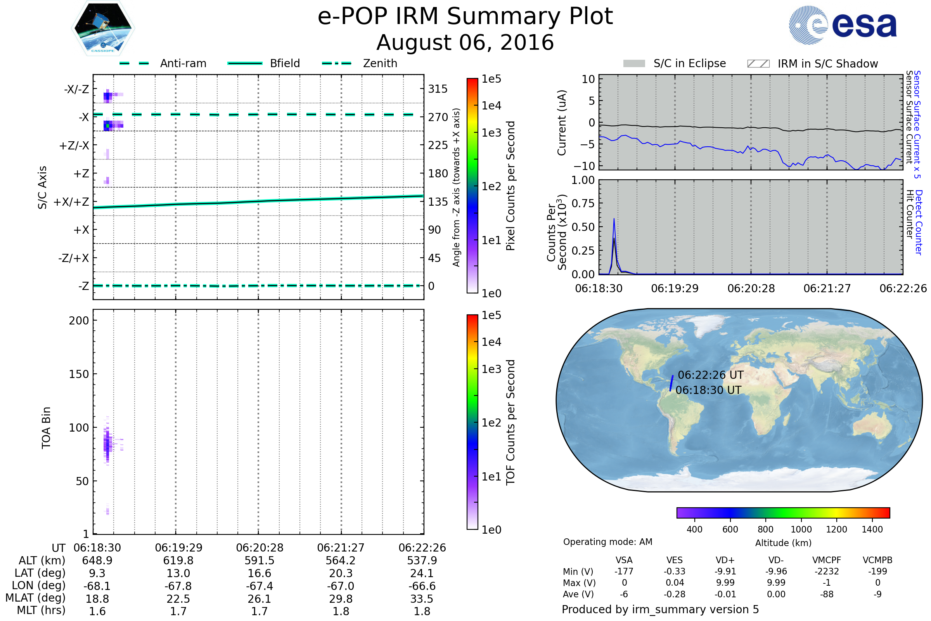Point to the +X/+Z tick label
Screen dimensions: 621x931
[71, 202]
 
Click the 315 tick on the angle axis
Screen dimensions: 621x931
[438, 89]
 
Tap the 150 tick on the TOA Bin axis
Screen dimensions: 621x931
[79, 374]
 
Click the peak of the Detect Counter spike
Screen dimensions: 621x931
[614, 219]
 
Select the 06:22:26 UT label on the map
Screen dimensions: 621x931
[711, 375]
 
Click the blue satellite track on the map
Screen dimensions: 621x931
[671, 383]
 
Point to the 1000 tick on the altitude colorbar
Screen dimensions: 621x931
[801, 529]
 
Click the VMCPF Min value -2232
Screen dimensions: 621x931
[827, 571]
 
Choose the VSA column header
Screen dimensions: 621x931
[624, 560]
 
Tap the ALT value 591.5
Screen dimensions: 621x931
[260, 561]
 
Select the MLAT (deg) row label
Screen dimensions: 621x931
[36, 598]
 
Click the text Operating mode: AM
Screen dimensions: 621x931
[607, 542]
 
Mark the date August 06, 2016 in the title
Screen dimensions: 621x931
[465, 42]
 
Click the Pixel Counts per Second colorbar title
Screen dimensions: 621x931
[510, 186]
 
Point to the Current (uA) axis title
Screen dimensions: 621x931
[562, 123]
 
